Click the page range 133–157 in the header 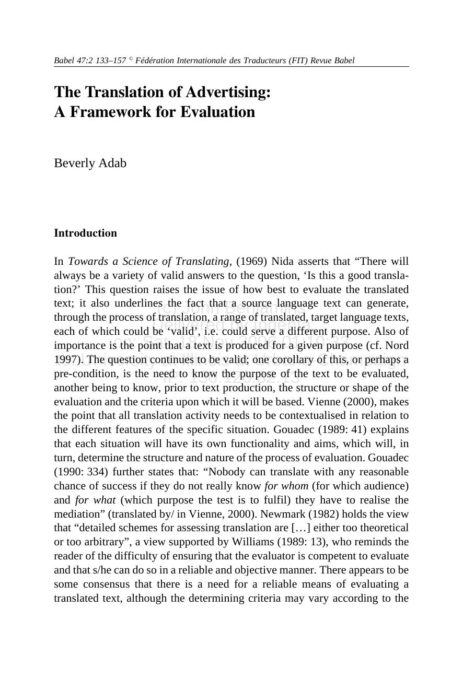111,61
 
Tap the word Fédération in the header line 155,61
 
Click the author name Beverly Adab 90,163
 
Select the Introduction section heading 85,233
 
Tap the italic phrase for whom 286,486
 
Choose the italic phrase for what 95,500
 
